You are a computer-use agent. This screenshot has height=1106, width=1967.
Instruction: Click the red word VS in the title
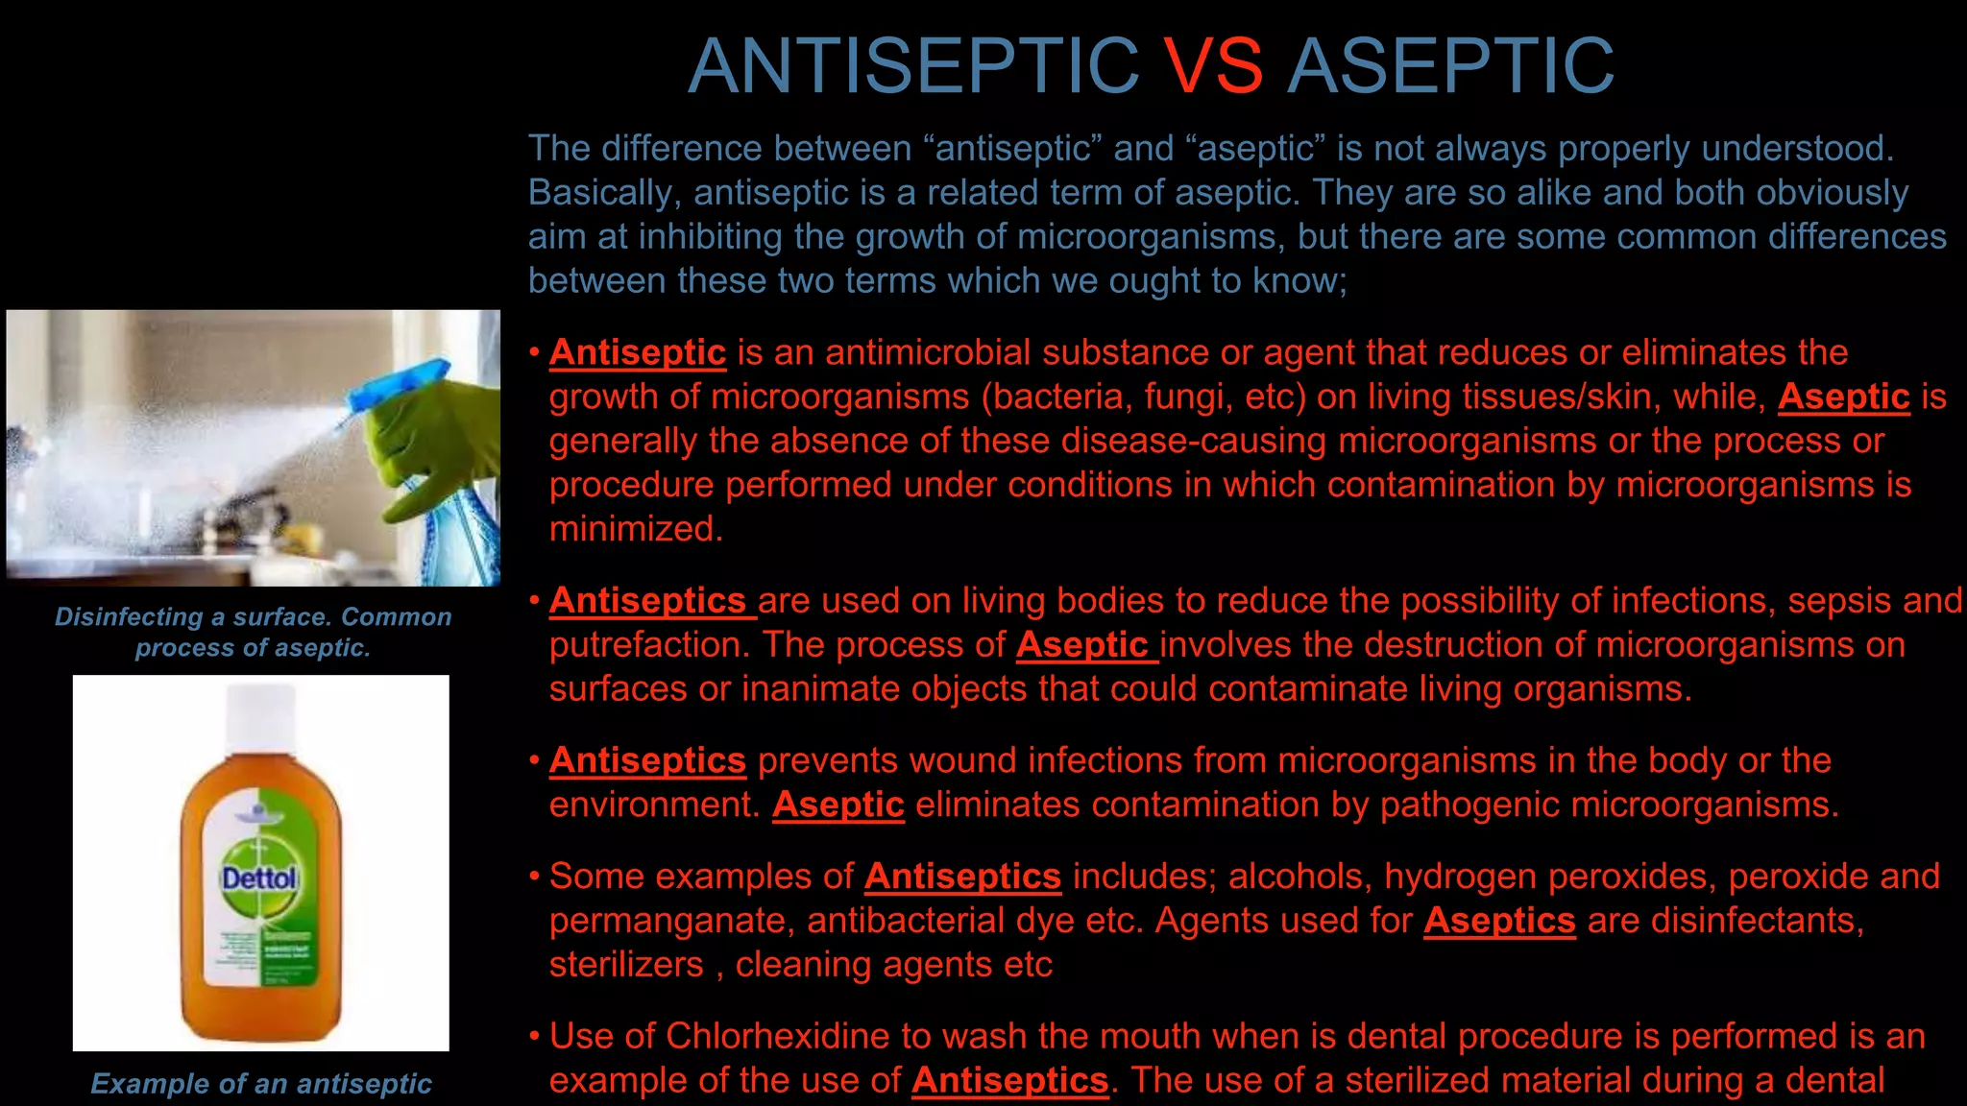pyautogui.click(x=1213, y=65)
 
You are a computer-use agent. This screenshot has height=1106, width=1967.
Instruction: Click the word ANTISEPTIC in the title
pyautogui.click(x=913, y=65)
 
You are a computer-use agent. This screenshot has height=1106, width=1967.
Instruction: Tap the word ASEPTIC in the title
pyautogui.click(x=1450, y=65)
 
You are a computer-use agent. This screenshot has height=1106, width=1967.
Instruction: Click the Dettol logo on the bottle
pyautogui.click(x=259, y=878)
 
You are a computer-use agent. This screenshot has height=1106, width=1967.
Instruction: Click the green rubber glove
pyautogui.click(x=437, y=442)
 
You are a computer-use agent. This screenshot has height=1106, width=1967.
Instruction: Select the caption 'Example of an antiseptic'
pyautogui.click(x=260, y=1083)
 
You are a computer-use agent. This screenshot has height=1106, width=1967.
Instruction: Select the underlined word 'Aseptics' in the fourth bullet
pyautogui.click(x=1499, y=920)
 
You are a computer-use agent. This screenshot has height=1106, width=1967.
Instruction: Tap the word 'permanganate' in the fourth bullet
pyautogui.click(x=671, y=920)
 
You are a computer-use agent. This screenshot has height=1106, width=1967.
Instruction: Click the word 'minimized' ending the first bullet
pyautogui.click(x=634, y=528)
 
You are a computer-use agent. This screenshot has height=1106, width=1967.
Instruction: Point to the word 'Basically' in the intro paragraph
pyautogui.click(x=604, y=192)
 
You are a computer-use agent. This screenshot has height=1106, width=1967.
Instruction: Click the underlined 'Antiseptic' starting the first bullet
pyautogui.click(x=638, y=352)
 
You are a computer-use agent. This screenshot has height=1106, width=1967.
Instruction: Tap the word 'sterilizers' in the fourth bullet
pyautogui.click(x=626, y=964)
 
